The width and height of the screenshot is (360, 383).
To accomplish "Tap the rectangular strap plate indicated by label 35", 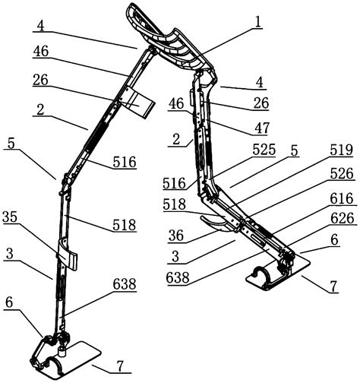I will pos(68,255).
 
